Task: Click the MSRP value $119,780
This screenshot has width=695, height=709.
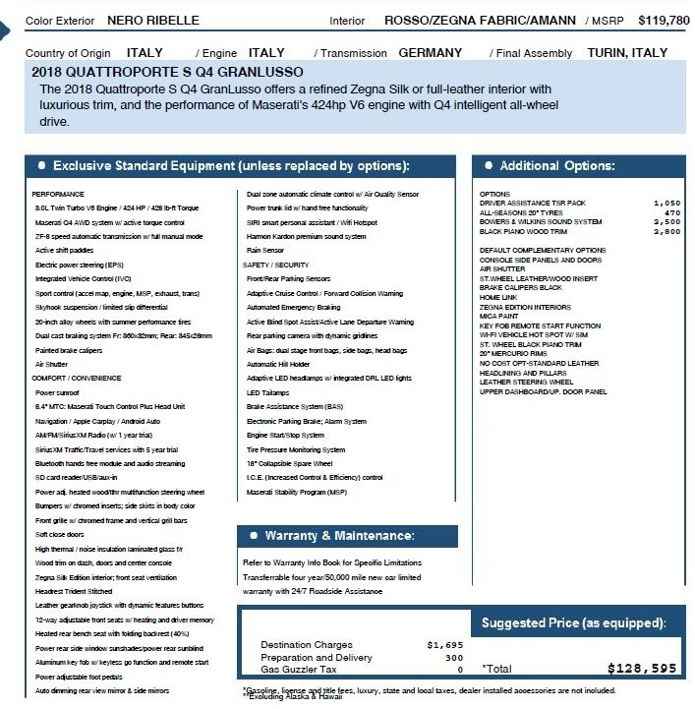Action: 664,20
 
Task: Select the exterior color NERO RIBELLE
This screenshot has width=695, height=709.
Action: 152,20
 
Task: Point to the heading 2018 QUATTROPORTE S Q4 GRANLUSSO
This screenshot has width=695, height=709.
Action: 167,72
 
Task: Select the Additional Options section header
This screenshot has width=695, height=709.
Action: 557,166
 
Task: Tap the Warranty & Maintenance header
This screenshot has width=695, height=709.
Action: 339,536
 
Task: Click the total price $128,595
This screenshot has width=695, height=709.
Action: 642,669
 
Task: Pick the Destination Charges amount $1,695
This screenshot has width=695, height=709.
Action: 444,645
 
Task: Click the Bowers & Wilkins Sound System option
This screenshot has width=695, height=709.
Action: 541,221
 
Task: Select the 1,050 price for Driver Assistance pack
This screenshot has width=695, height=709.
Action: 666,203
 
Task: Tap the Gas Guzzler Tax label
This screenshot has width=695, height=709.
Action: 300,670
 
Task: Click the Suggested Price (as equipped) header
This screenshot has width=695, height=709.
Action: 573,622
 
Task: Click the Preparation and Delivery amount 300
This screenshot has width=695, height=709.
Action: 453,657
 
